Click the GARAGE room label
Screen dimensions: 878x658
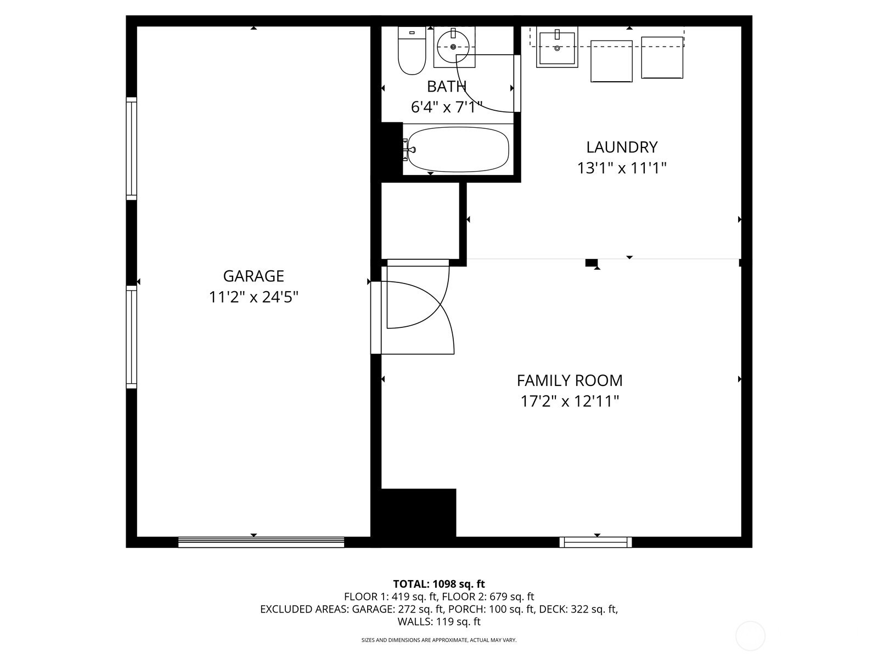pos(253,276)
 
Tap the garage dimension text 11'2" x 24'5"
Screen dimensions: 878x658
pos(254,297)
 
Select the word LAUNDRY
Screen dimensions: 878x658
pos(622,147)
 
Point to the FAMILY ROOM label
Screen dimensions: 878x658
pos(570,381)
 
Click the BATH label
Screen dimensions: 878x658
pos(446,86)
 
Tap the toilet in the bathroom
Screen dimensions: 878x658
pos(412,50)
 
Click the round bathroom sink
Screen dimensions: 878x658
pos(453,47)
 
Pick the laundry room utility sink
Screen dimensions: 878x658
pos(557,47)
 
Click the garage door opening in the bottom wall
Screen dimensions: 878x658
pos(261,542)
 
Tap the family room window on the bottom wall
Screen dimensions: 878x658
pos(595,542)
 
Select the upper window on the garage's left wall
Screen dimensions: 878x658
pos(132,149)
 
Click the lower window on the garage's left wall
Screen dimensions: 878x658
pos(132,337)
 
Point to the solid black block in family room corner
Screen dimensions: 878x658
pos(418,513)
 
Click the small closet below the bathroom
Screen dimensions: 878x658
pos(420,220)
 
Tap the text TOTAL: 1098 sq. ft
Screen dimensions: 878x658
pos(439,584)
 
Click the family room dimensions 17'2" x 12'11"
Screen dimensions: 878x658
pos(570,401)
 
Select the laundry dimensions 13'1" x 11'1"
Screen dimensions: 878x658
pos(622,168)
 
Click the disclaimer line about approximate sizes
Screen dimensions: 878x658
pos(439,640)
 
